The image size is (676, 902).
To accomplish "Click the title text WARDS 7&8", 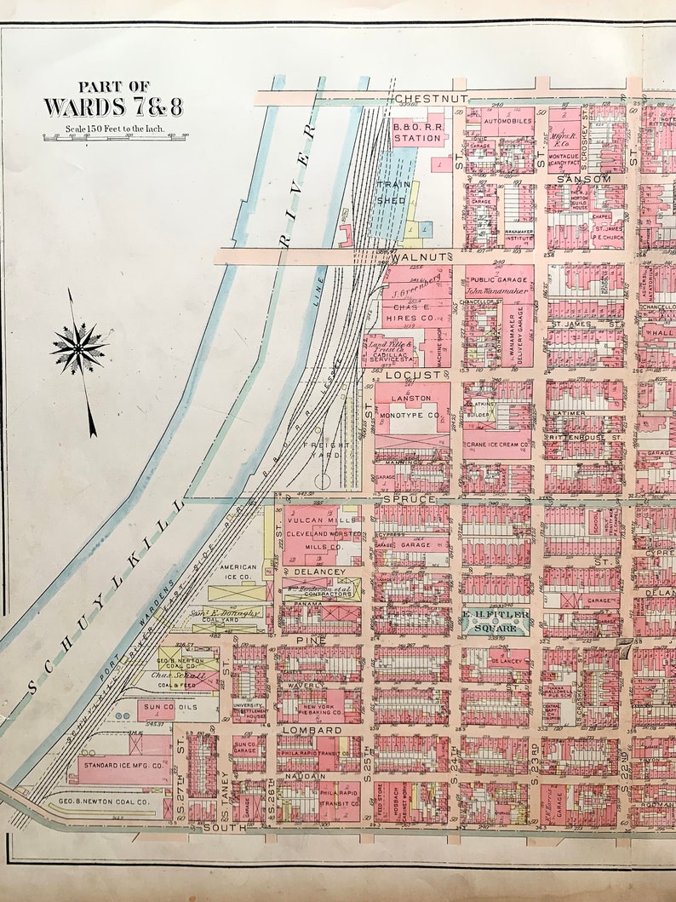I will [x=113, y=107].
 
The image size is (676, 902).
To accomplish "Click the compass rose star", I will [x=78, y=348].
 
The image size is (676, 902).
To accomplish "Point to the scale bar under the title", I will [x=115, y=136].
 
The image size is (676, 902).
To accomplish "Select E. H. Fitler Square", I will [x=496, y=619].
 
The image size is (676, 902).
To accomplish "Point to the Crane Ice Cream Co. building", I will [x=497, y=445].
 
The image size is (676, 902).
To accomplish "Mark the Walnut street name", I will [x=419, y=256].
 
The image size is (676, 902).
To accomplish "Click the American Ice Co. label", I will [x=238, y=572].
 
